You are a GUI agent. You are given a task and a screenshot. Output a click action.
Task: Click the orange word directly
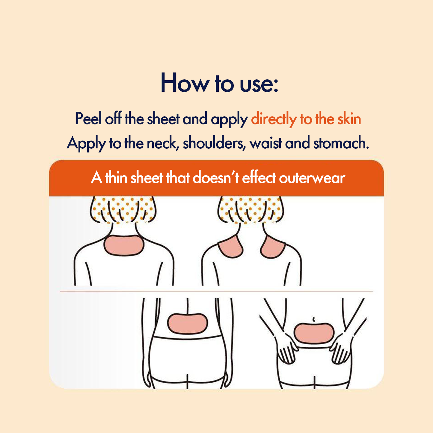pyautogui.click(x=274, y=119)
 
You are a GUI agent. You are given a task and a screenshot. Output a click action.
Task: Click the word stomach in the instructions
pyautogui.click(x=341, y=143)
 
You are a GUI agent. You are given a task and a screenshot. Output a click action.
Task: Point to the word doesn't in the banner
pyautogui.click(x=215, y=177)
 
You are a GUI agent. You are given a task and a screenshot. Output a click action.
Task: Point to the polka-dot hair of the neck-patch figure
pyautogui.click(x=123, y=210)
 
